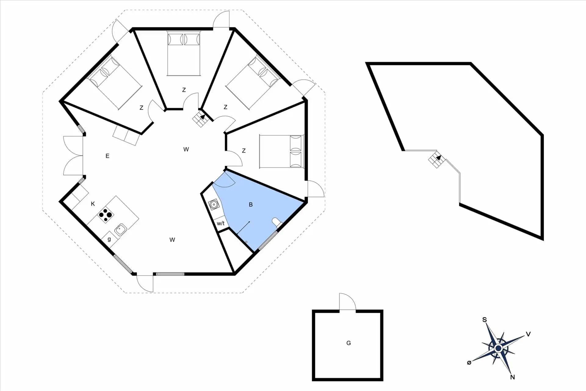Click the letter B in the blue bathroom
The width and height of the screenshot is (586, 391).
coord(251,204)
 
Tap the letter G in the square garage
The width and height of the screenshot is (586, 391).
coord(349,343)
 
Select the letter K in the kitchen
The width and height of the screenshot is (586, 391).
coord(93,204)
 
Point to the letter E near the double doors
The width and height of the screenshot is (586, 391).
coord(107,156)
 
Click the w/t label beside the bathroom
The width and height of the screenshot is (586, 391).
coord(221,223)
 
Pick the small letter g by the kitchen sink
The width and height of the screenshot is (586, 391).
coord(109,239)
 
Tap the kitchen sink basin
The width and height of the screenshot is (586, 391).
coord(121,229)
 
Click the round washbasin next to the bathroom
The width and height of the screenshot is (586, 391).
coord(214,204)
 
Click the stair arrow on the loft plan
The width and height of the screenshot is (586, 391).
coord(439,158)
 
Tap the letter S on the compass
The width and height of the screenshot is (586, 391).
coord(484,320)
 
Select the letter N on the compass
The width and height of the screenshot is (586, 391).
coord(512,377)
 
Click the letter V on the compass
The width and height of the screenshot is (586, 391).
coord(528,334)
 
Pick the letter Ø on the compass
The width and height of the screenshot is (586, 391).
coord(469,363)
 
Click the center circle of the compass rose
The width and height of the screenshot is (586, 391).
coord(498,348)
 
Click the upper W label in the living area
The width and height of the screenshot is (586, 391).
coord(186,149)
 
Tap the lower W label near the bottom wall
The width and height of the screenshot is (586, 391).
coord(172,240)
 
